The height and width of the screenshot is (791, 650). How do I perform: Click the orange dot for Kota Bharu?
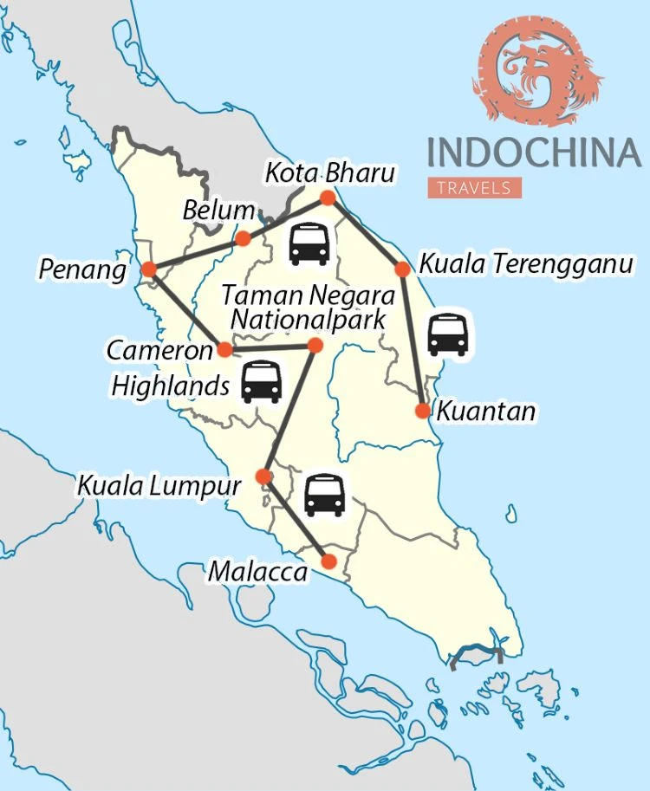coord(328,198)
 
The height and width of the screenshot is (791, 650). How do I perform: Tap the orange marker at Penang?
coord(148,269)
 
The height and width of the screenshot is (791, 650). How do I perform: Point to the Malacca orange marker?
coord(328,561)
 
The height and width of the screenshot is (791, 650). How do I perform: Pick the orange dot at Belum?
coord(244,238)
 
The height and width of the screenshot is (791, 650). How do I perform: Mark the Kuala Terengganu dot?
coord(402,269)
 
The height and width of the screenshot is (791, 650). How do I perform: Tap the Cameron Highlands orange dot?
coord(224,350)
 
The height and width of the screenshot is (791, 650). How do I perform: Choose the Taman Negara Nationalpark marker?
coord(315,346)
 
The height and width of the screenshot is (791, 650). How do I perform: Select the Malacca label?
coord(257,573)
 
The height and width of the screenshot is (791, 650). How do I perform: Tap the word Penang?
coord(82,270)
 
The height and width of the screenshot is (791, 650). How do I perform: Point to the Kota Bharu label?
coord(329,173)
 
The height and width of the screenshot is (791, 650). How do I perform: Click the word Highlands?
coord(170,385)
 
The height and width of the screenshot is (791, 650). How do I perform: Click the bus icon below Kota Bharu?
coord(309,243)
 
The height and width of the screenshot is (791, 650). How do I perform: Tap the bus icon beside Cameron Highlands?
coord(261,382)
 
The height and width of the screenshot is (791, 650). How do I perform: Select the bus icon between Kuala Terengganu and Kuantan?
coord(448,334)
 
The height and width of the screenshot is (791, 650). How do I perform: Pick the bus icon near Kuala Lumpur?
coord(325,495)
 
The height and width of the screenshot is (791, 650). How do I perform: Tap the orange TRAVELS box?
coord(474,187)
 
